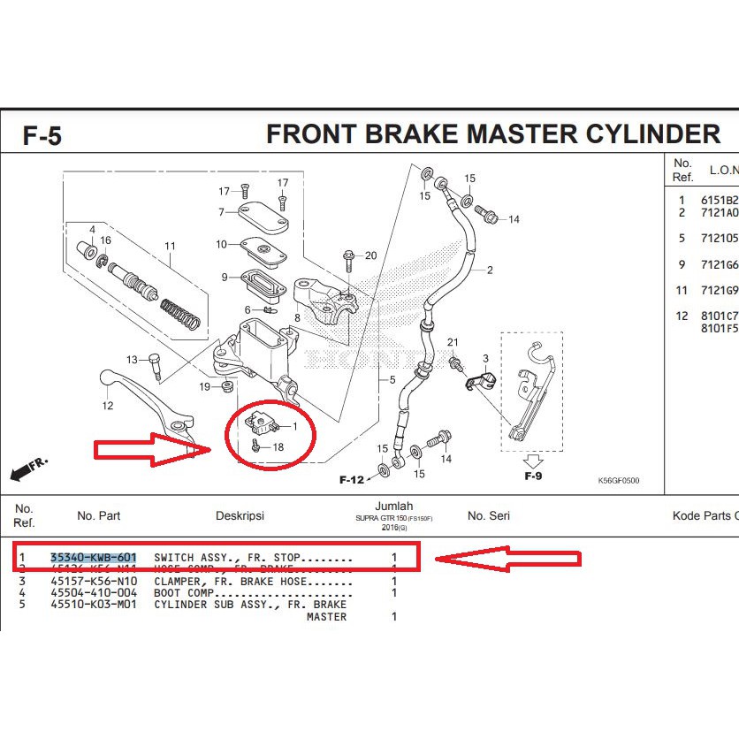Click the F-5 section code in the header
[x=42, y=137]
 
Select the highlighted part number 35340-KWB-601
[x=94, y=558]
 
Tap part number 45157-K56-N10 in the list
[x=94, y=582]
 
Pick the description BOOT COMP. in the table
[x=184, y=593]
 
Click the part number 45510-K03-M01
[x=94, y=605]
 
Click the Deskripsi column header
[x=240, y=515]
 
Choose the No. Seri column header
[x=488, y=515]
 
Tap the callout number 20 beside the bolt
[x=370, y=256]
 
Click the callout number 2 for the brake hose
[x=489, y=270]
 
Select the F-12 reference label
[x=351, y=480]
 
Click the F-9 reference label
[x=532, y=476]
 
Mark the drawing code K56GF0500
[x=619, y=482]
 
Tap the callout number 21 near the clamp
[x=453, y=342]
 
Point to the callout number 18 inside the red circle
[x=278, y=447]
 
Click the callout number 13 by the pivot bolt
[x=132, y=360]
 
